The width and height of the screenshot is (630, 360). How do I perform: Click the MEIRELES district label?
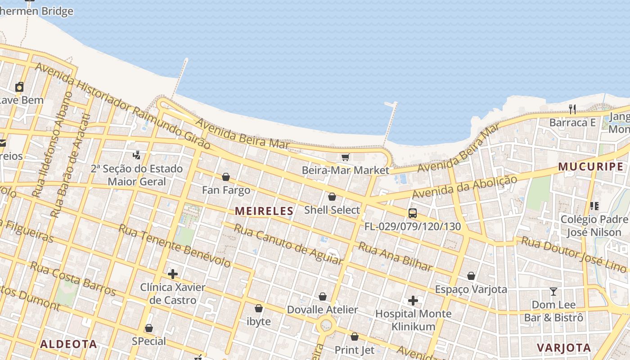pos(264,211)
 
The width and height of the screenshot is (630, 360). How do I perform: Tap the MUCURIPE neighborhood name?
pos(591,166)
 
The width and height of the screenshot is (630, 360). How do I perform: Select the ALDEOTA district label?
pos(68,344)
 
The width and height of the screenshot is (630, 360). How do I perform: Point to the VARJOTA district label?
pos(564,347)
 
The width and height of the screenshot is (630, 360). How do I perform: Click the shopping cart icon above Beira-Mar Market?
pos(345,157)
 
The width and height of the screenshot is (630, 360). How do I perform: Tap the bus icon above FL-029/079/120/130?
pos(412,213)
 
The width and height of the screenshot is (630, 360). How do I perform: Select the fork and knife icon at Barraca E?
pos(572,109)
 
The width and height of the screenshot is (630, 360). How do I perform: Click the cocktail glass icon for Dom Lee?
pos(553,292)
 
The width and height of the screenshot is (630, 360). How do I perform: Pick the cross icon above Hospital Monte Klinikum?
pos(413,300)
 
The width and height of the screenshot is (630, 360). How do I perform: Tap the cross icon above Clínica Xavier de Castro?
pos(172,274)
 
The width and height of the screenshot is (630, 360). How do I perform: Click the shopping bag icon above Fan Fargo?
pos(226,177)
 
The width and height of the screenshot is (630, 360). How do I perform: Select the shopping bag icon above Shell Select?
pos(332,197)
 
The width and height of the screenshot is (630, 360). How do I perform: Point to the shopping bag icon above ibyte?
pos(259,308)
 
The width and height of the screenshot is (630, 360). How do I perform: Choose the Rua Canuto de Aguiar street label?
pos(288,243)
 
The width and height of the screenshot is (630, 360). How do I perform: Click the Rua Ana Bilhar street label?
pos(395,256)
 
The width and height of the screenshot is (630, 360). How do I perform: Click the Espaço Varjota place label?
pos(471,289)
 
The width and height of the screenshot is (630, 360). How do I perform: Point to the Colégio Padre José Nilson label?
pos(594,226)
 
